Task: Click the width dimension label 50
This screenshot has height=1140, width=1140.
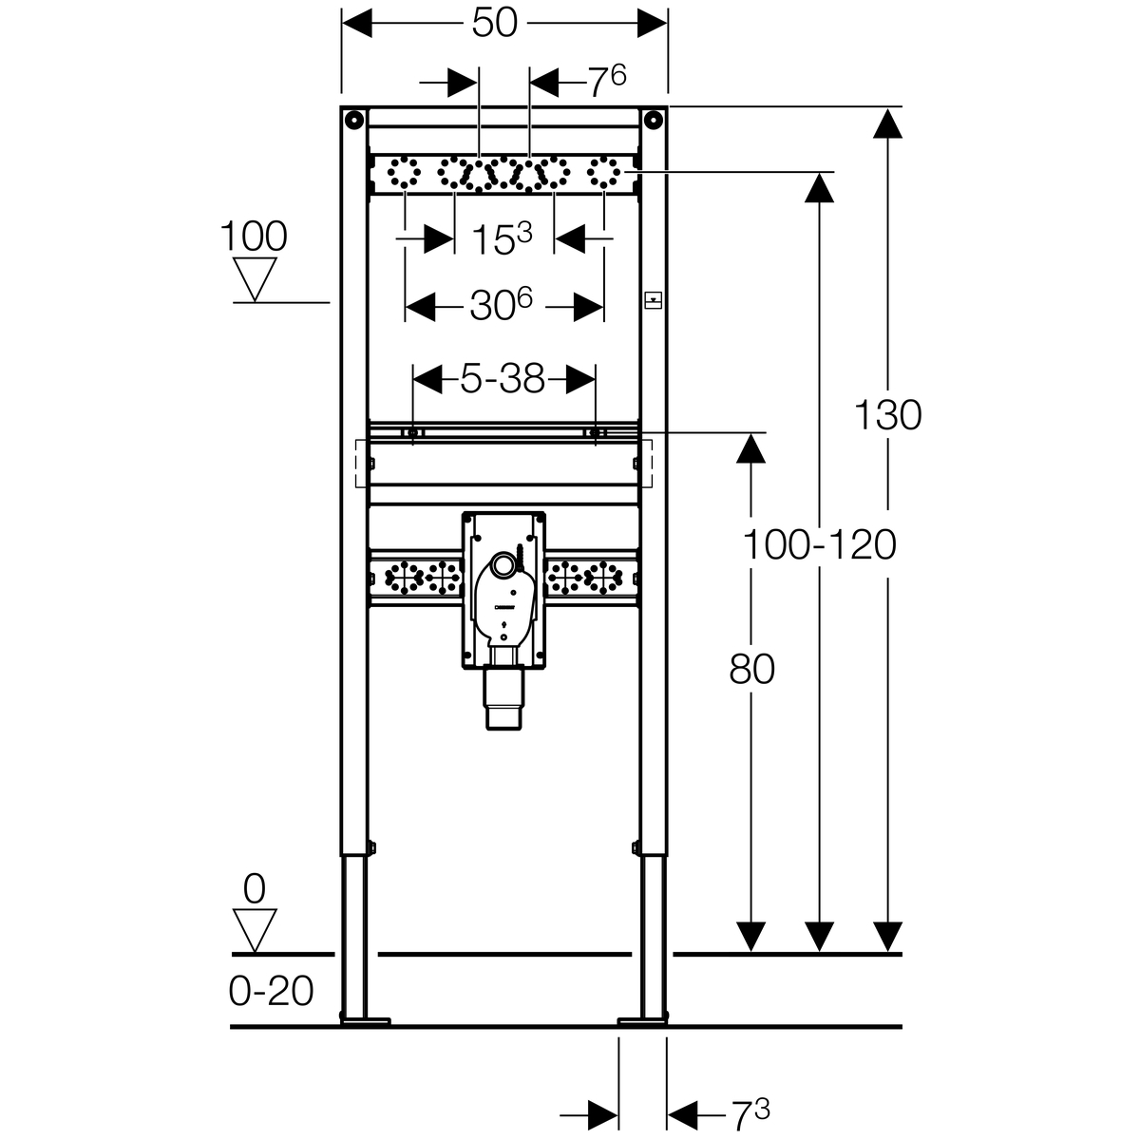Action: tap(495, 24)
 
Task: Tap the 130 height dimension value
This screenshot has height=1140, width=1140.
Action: tap(887, 415)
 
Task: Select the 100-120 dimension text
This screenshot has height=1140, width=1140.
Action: tap(819, 545)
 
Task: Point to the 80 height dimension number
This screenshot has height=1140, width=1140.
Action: tap(751, 670)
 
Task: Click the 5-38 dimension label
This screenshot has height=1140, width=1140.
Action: tap(503, 379)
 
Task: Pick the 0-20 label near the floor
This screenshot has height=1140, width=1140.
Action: tap(271, 991)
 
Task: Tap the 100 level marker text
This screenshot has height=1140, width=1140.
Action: tap(254, 237)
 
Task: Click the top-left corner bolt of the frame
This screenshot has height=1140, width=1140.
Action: tap(353, 120)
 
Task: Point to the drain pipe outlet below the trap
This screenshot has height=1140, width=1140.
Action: tap(504, 698)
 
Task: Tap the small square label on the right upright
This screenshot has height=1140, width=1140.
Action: tap(653, 300)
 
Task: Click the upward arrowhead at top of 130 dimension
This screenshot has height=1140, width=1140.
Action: tap(887, 123)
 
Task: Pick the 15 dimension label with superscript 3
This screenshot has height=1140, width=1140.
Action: tap(502, 239)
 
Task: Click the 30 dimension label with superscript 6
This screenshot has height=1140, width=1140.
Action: tap(502, 305)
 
